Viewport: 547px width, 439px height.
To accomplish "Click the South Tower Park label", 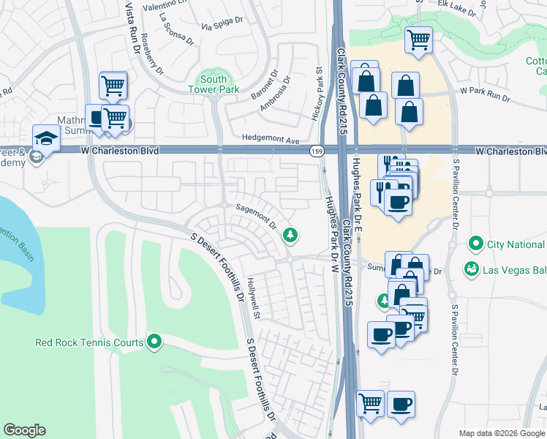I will (214, 84).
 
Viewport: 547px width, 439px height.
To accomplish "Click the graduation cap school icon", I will (45, 138).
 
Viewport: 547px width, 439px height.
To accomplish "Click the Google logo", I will (25, 430).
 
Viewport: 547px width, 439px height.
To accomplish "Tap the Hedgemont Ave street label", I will (271, 140).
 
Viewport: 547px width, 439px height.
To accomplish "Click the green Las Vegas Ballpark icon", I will (472, 269).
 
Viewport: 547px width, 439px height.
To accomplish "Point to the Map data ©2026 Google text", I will (501, 432).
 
